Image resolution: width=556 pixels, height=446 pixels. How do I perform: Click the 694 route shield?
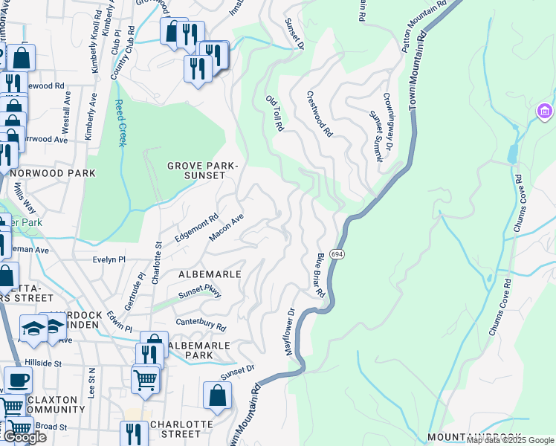tap(337, 254)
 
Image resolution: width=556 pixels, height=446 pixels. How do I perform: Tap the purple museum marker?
tap(544, 112)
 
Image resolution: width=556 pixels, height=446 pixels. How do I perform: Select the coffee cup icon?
tap(18, 380)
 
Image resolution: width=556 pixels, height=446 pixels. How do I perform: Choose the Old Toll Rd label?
tap(275, 113)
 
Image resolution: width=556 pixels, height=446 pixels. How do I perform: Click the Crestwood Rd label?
tap(320, 114)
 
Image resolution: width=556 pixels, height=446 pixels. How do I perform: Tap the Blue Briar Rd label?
tap(320, 274)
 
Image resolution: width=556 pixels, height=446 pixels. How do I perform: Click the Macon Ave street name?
tap(227, 228)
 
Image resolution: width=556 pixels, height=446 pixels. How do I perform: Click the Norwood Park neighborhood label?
tap(52, 173)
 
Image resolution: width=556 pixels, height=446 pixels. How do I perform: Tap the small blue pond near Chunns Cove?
tap(511, 152)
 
